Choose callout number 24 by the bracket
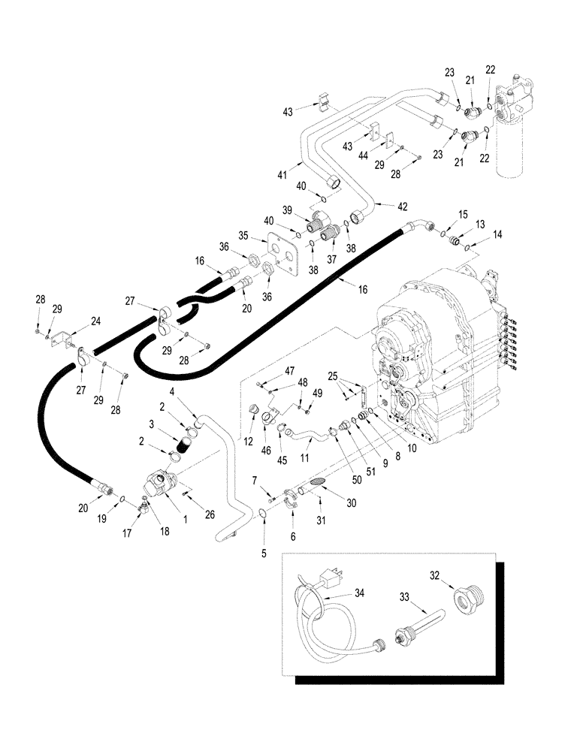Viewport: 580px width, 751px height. pyautogui.click(x=96, y=320)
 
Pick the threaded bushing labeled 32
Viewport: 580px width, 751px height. pyautogui.click(x=465, y=600)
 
